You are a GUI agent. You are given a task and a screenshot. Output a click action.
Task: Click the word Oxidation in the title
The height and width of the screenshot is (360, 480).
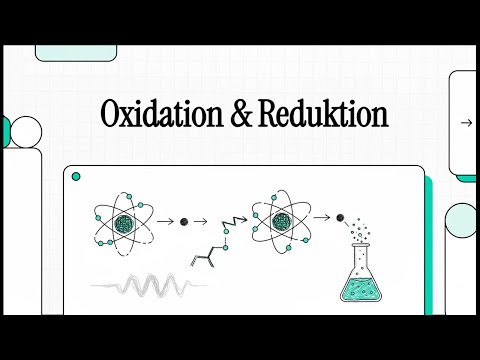click(x=156, y=115)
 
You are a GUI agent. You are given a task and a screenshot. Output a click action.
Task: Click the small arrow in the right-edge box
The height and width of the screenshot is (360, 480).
click(x=465, y=123)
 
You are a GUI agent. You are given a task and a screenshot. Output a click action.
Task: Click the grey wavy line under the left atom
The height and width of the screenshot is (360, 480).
click(x=150, y=286)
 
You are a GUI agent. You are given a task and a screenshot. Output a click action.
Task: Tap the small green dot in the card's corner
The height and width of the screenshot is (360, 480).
click(x=75, y=177)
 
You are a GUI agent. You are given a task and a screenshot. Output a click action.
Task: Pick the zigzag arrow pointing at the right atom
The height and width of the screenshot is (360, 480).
click(x=236, y=214)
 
